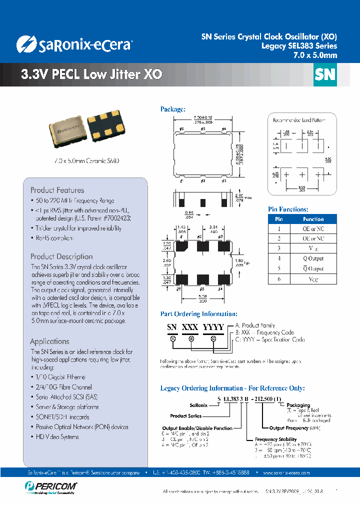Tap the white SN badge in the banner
click(x=325, y=74)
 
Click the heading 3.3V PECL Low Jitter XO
click(x=91, y=74)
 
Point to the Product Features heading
click(x=57, y=190)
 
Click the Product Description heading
click(x=61, y=256)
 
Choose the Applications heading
click(x=49, y=341)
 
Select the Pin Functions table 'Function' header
click(x=313, y=219)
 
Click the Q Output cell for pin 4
click(x=313, y=258)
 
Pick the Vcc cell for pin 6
click(x=313, y=279)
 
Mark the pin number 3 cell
click(x=279, y=248)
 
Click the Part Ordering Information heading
click(x=198, y=314)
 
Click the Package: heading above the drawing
click(x=172, y=109)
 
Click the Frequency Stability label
click(x=276, y=439)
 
